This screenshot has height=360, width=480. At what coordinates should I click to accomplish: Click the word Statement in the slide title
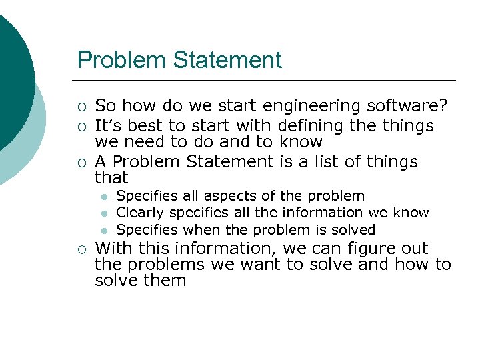point(227,60)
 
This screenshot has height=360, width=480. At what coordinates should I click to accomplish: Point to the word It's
point(109,125)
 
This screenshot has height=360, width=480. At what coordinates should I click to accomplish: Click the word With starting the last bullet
point(113,248)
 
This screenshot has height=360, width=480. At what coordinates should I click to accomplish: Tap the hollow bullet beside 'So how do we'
point(81,107)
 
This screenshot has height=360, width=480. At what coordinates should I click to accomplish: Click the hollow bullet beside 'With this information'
point(81,249)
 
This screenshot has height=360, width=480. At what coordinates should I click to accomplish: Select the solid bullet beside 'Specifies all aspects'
point(104,197)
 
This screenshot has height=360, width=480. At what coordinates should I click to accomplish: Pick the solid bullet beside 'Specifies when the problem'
point(104,231)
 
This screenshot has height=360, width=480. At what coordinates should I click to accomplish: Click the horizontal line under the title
point(267,80)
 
